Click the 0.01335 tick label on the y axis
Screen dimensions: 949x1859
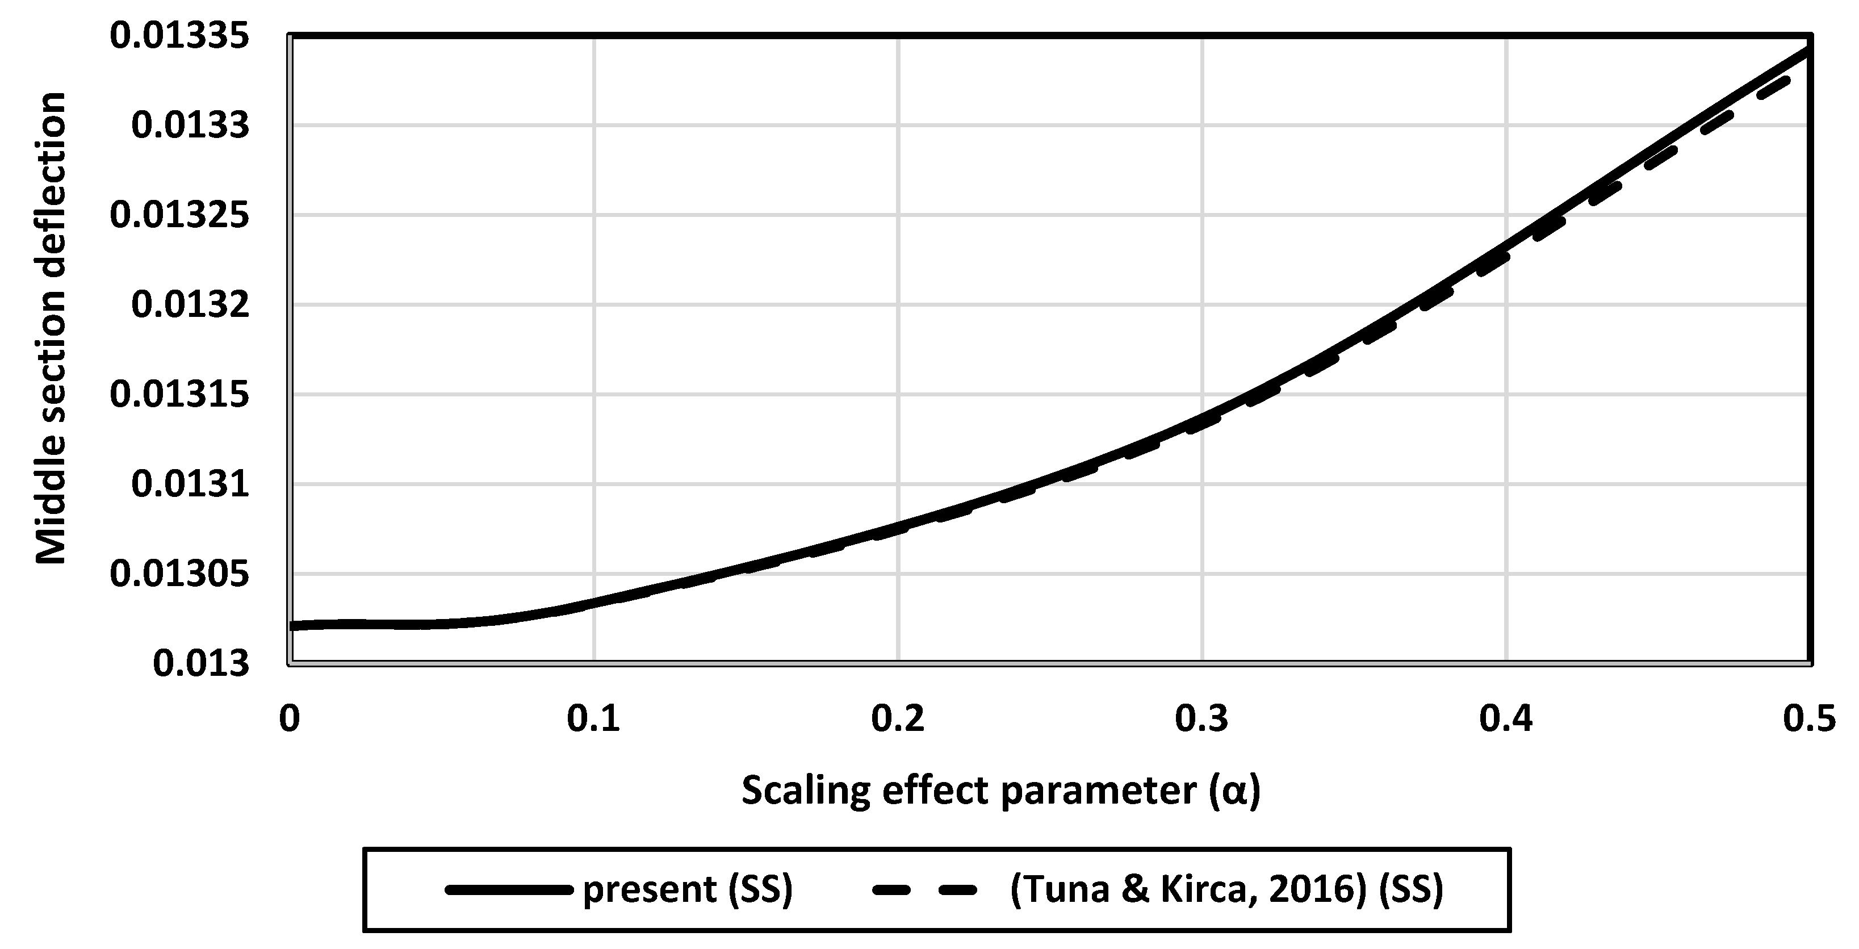[179, 36]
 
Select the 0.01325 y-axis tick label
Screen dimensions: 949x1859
[179, 215]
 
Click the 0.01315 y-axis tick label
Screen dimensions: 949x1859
[179, 395]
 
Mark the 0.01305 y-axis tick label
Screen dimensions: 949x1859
[179, 574]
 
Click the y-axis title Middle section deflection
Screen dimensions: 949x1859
[51, 328]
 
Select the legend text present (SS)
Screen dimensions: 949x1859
[688, 889]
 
